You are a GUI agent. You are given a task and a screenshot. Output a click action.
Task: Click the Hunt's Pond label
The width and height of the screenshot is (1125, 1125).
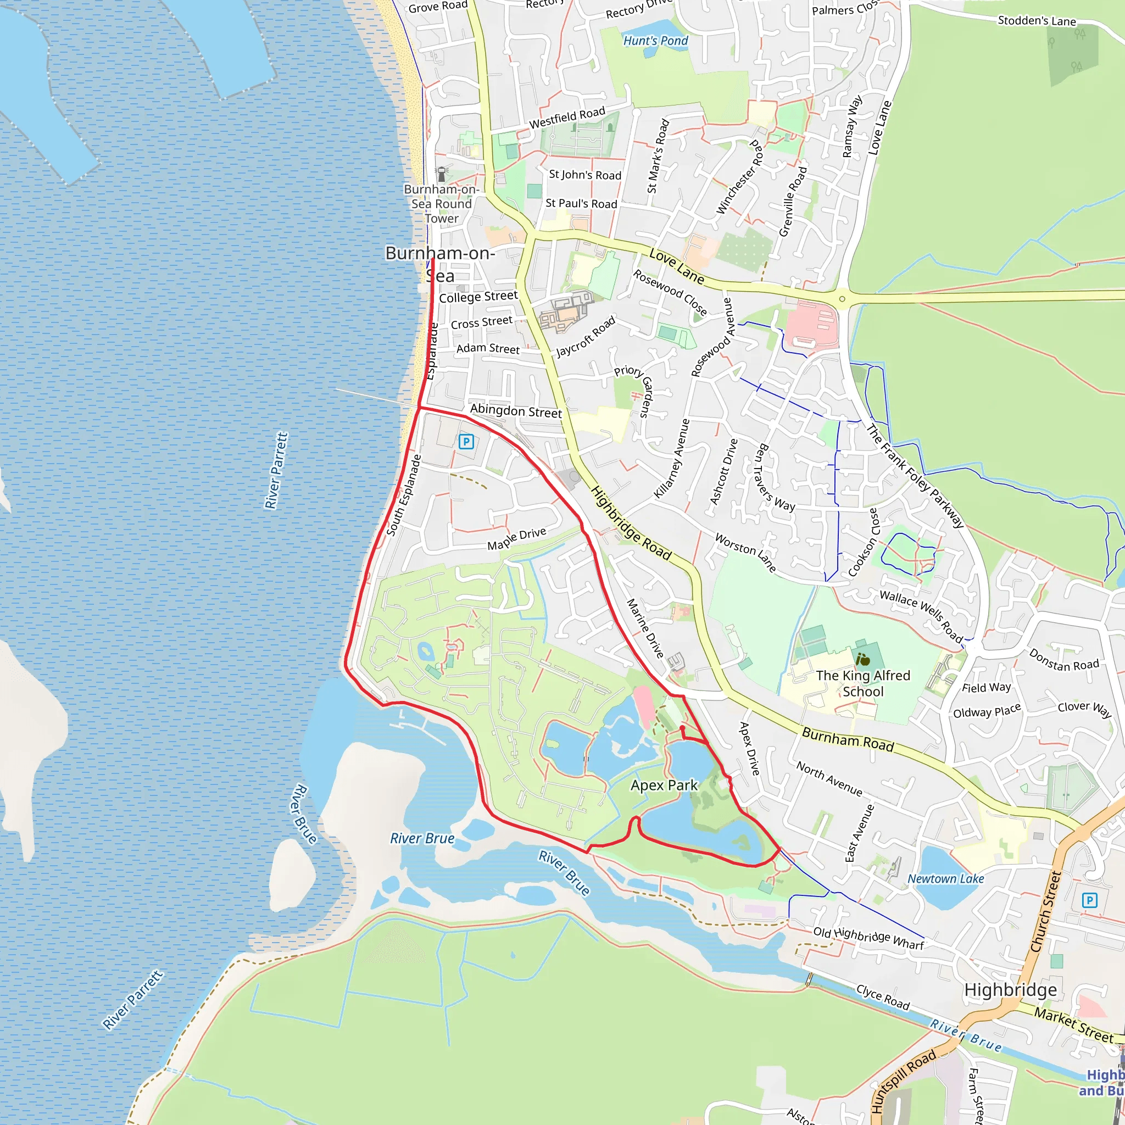tap(655, 41)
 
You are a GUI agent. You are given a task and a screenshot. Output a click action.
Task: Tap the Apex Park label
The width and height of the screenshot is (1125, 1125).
tap(664, 786)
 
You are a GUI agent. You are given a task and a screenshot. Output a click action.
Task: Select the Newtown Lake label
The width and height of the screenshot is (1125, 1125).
tap(946, 879)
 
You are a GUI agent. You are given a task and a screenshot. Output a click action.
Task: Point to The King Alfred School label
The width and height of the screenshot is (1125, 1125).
tap(862, 683)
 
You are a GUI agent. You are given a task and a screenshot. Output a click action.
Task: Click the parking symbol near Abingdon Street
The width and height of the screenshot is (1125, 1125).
tap(466, 442)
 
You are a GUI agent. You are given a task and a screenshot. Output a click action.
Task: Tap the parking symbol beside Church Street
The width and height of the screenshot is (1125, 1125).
tap(1089, 901)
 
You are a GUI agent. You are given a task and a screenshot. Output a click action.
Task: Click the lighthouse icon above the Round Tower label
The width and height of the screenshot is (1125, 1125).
tap(442, 173)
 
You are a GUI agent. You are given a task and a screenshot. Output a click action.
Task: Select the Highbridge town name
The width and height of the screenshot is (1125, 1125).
tap(1010, 990)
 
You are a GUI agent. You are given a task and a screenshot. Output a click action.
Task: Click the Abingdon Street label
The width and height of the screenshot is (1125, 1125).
tap(516, 411)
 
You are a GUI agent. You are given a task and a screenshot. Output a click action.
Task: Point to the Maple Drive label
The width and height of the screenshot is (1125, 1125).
tap(516, 539)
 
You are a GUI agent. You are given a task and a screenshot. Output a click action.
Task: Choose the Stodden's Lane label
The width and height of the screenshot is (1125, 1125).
tap(1037, 21)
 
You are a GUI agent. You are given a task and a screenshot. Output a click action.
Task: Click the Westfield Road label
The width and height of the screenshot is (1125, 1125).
tap(566, 118)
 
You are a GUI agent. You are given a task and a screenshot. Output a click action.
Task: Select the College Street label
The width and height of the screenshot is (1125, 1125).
tap(478, 297)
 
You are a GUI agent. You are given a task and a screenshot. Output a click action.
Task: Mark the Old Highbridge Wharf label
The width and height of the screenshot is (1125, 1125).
tap(868, 938)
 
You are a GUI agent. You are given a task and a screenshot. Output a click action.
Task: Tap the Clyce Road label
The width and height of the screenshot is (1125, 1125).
tap(882, 997)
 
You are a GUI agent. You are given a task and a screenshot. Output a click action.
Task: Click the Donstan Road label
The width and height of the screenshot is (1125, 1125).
tap(1064, 660)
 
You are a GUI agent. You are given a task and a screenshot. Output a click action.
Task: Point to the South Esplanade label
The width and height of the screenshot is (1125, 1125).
tap(404, 495)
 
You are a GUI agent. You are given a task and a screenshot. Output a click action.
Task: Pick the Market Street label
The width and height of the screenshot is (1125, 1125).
tap(1073, 1026)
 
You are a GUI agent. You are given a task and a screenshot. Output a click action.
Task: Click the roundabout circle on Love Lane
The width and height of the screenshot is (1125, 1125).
tap(842, 299)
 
